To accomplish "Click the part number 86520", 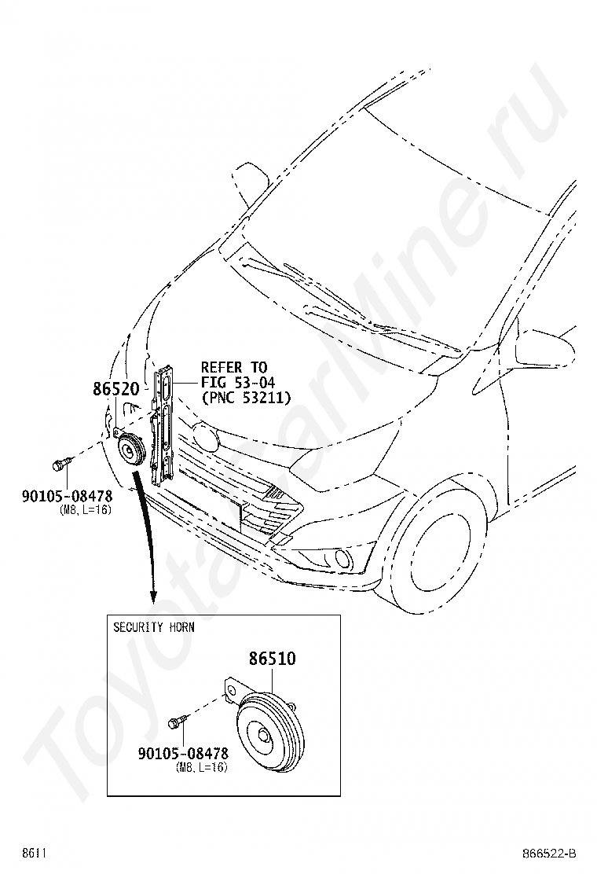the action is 115,389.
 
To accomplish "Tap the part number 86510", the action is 272,659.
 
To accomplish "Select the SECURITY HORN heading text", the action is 154,627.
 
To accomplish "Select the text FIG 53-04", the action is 238,382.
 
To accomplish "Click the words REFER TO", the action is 234,367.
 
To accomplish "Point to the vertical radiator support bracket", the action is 163,424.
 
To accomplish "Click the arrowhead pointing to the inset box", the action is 152,597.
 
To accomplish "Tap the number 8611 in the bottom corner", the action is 34,854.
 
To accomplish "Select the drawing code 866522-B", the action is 548,854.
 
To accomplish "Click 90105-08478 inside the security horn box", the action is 183,753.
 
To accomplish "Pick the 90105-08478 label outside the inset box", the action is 67,495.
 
